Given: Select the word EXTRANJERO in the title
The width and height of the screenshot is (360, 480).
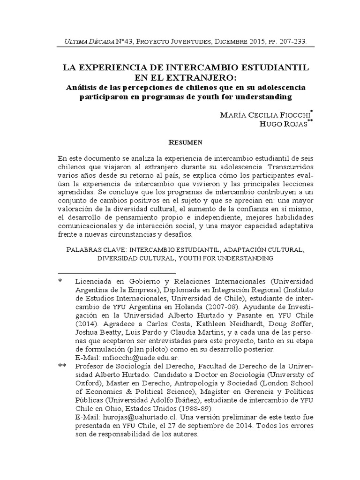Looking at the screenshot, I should pyautogui.click(x=192, y=77).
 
